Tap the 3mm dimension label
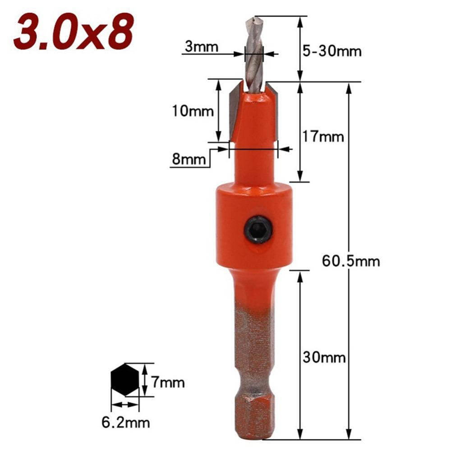[201, 46]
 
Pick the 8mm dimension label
[189, 158]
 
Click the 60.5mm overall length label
[351, 261]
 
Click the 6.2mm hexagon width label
[125, 423]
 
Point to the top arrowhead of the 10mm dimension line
[219, 84]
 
